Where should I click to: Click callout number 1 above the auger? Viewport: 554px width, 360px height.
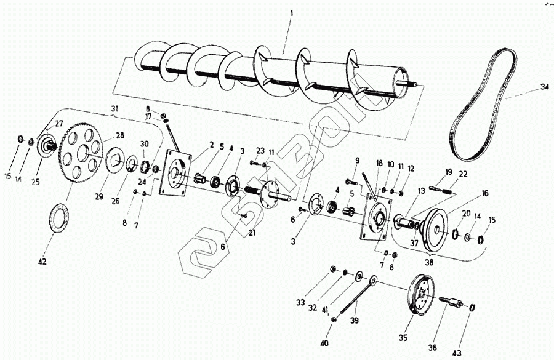coord(292,13)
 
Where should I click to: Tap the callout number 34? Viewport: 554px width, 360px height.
coord(544,87)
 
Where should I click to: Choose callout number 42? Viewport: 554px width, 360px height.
coord(42,261)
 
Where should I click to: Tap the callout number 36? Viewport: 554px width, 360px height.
coord(433,348)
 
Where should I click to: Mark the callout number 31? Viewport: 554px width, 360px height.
coord(114,109)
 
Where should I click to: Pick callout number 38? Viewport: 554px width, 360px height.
coord(428,262)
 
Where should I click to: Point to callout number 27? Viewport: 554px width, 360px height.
coord(59,124)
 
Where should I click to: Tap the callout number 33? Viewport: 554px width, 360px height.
coord(300,302)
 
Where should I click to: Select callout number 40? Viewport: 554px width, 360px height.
coord(324,343)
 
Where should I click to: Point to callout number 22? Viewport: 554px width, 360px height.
coord(463,174)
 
